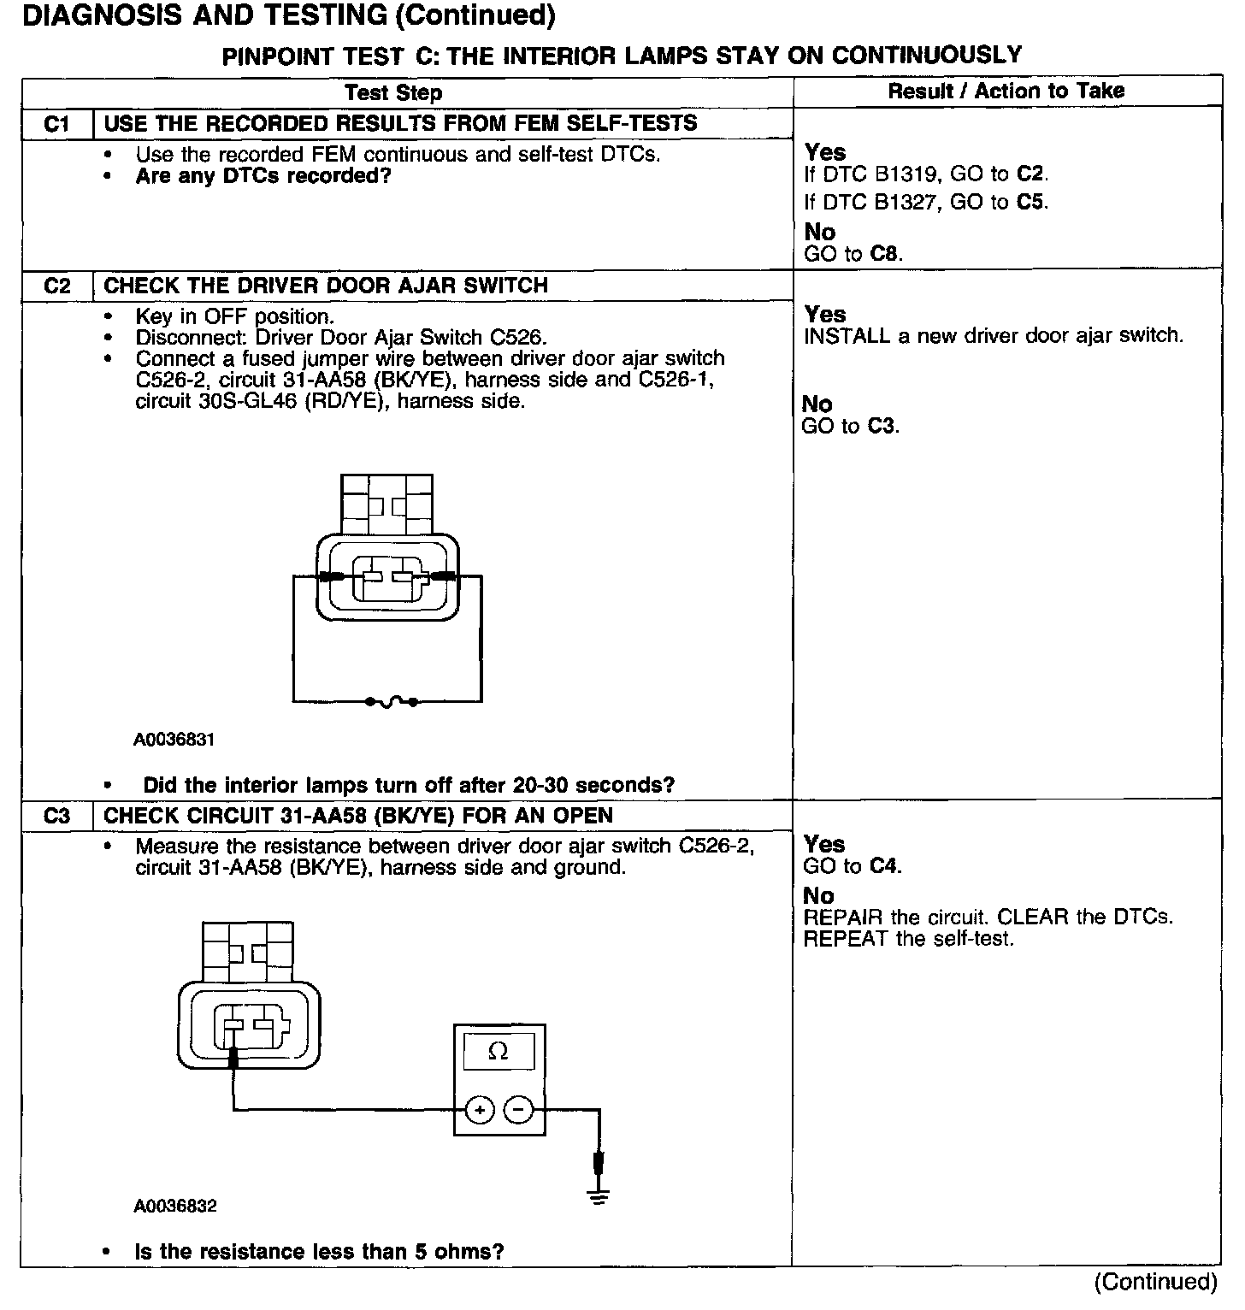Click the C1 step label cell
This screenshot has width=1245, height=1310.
pyautogui.click(x=56, y=124)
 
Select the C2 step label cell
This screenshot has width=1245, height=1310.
pyautogui.click(x=56, y=286)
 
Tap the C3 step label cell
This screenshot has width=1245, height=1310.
pyautogui.click(x=56, y=816)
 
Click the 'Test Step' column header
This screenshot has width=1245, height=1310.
pyautogui.click(x=393, y=93)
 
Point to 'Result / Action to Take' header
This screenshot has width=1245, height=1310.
pyautogui.click(x=1006, y=91)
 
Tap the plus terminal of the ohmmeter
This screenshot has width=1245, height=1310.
pyautogui.click(x=480, y=1111)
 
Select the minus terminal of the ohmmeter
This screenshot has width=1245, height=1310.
pyautogui.click(x=518, y=1111)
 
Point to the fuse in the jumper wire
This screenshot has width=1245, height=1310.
pyautogui.click(x=391, y=702)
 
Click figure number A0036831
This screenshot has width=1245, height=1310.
pyautogui.click(x=174, y=740)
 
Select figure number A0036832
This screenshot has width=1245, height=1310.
pyautogui.click(x=174, y=1207)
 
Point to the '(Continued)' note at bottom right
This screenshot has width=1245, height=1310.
pyautogui.click(x=1155, y=1281)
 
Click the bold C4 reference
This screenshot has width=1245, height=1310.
pyautogui.click(x=884, y=866)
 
